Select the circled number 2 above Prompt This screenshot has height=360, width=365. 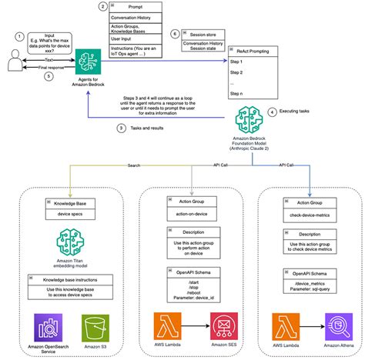[103, 7]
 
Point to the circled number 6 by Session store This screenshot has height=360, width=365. [175, 35]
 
